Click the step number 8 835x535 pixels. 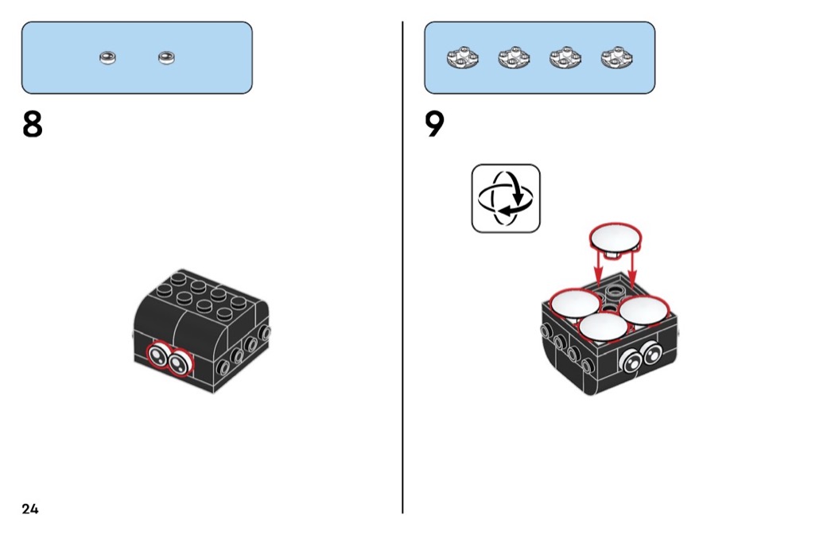tap(33, 125)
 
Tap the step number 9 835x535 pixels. tap(435, 125)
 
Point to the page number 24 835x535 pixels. tap(30, 509)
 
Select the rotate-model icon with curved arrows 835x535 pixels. tap(506, 199)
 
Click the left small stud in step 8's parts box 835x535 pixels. tap(108, 57)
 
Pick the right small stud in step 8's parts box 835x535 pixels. tap(166, 57)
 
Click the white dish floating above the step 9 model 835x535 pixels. tap(616, 236)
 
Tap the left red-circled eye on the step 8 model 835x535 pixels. tap(161, 359)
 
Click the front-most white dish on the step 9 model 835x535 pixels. tap(604, 327)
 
